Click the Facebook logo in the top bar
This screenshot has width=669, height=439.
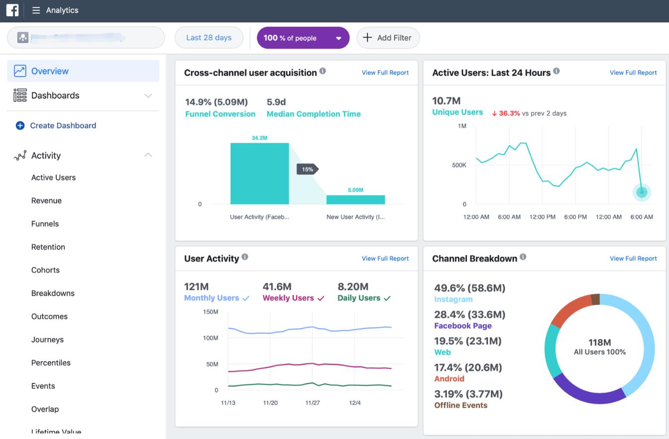point(12,10)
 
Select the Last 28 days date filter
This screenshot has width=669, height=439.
point(209,38)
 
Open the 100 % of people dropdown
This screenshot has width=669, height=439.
point(303,38)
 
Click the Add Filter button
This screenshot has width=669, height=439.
point(388,38)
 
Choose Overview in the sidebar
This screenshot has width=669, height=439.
point(50,71)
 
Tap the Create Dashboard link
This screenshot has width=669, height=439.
point(63,126)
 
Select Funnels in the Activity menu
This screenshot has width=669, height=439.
point(45,224)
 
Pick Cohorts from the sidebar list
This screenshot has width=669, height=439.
point(45,270)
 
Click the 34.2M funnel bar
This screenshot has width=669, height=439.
point(259,174)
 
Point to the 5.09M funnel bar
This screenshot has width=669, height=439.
point(355,199)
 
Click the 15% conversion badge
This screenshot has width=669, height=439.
point(307,170)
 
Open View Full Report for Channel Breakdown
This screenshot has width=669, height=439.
point(633,259)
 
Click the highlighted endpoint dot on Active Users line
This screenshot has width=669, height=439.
point(642,192)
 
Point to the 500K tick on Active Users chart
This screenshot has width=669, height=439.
point(459,165)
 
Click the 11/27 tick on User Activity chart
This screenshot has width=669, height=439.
point(313,403)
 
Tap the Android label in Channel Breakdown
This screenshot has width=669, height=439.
point(449,379)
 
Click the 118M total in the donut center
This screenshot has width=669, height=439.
point(599,343)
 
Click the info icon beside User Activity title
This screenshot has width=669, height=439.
point(245,257)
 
